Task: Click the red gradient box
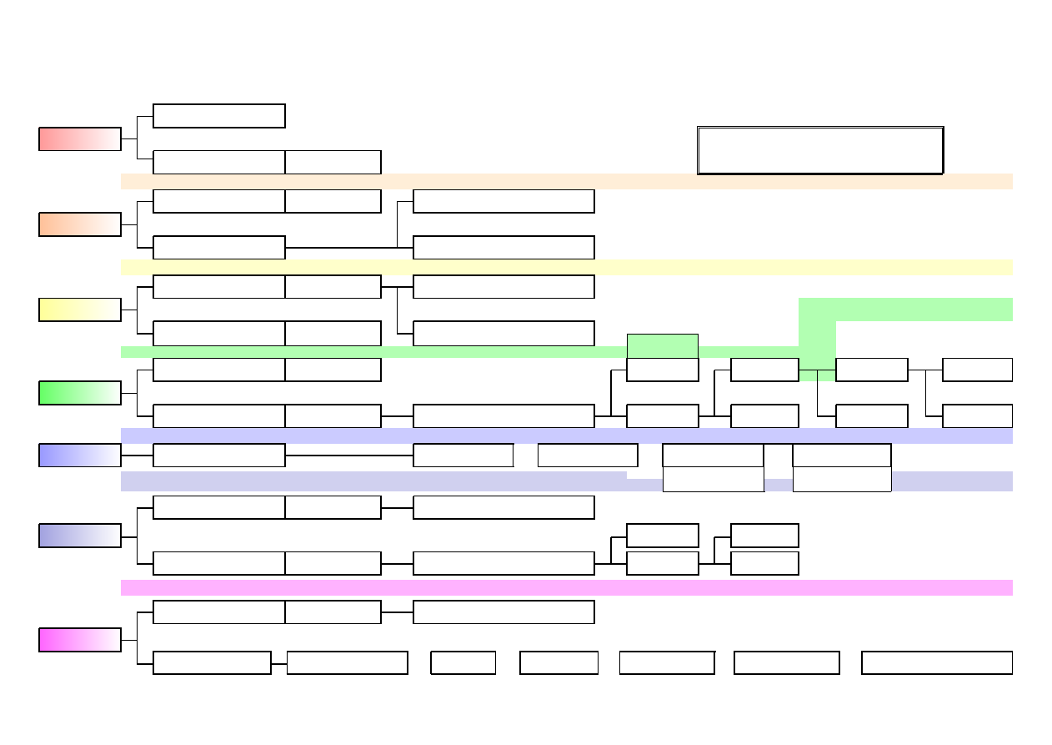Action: click(79, 139)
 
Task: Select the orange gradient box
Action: click(79, 224)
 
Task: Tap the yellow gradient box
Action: click(79, 310)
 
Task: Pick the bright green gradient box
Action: click(79, 393)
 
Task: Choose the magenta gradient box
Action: click(79, 640)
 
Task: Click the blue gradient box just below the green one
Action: click(79, 456)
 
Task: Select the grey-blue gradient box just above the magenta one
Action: click(79, 536)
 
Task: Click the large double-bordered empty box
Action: click(819, 150)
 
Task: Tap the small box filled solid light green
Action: click(662, 345)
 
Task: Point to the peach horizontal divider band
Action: click(567, 182)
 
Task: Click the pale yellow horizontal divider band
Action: click(567, 267)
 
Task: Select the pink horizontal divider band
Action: click(567, 588)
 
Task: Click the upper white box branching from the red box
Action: click(219, 116)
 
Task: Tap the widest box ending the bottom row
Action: click(936, 662)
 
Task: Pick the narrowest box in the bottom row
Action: click(463, 662)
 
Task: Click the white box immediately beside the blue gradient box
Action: click(219, 456)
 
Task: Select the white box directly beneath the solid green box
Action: click(662, 370)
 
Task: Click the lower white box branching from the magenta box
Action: click(212, 662)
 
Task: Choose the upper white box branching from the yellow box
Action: click(219, 287)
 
